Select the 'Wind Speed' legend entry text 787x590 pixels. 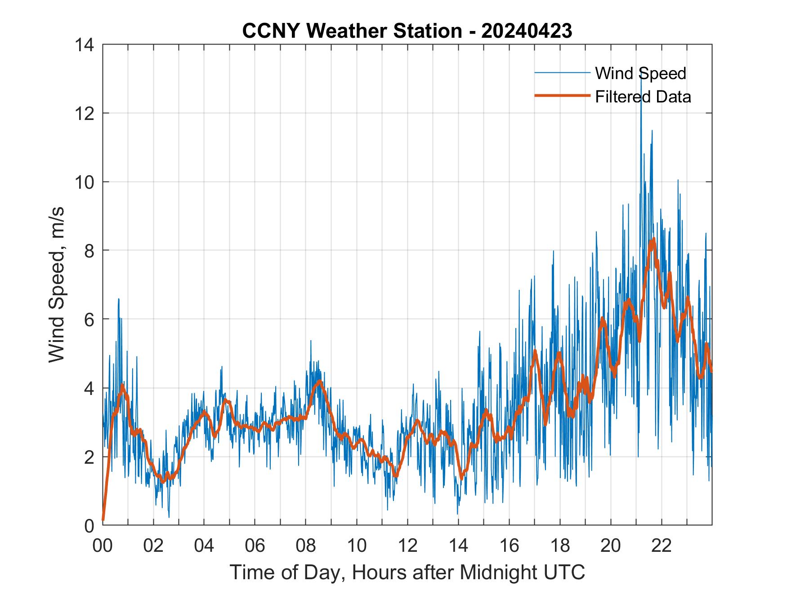pos(640,73)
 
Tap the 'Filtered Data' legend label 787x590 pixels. pos(643,97)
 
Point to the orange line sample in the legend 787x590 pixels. pos(562,96)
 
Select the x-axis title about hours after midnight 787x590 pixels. pos(407,572)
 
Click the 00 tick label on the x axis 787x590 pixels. pos(103,546)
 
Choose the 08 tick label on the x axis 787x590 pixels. pos(306,546)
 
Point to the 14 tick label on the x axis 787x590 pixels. pos(458,546)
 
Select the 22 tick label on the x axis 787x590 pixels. pos(662,546)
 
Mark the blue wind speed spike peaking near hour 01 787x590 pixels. pos(119,299)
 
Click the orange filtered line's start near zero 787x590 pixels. pos(103,519)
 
